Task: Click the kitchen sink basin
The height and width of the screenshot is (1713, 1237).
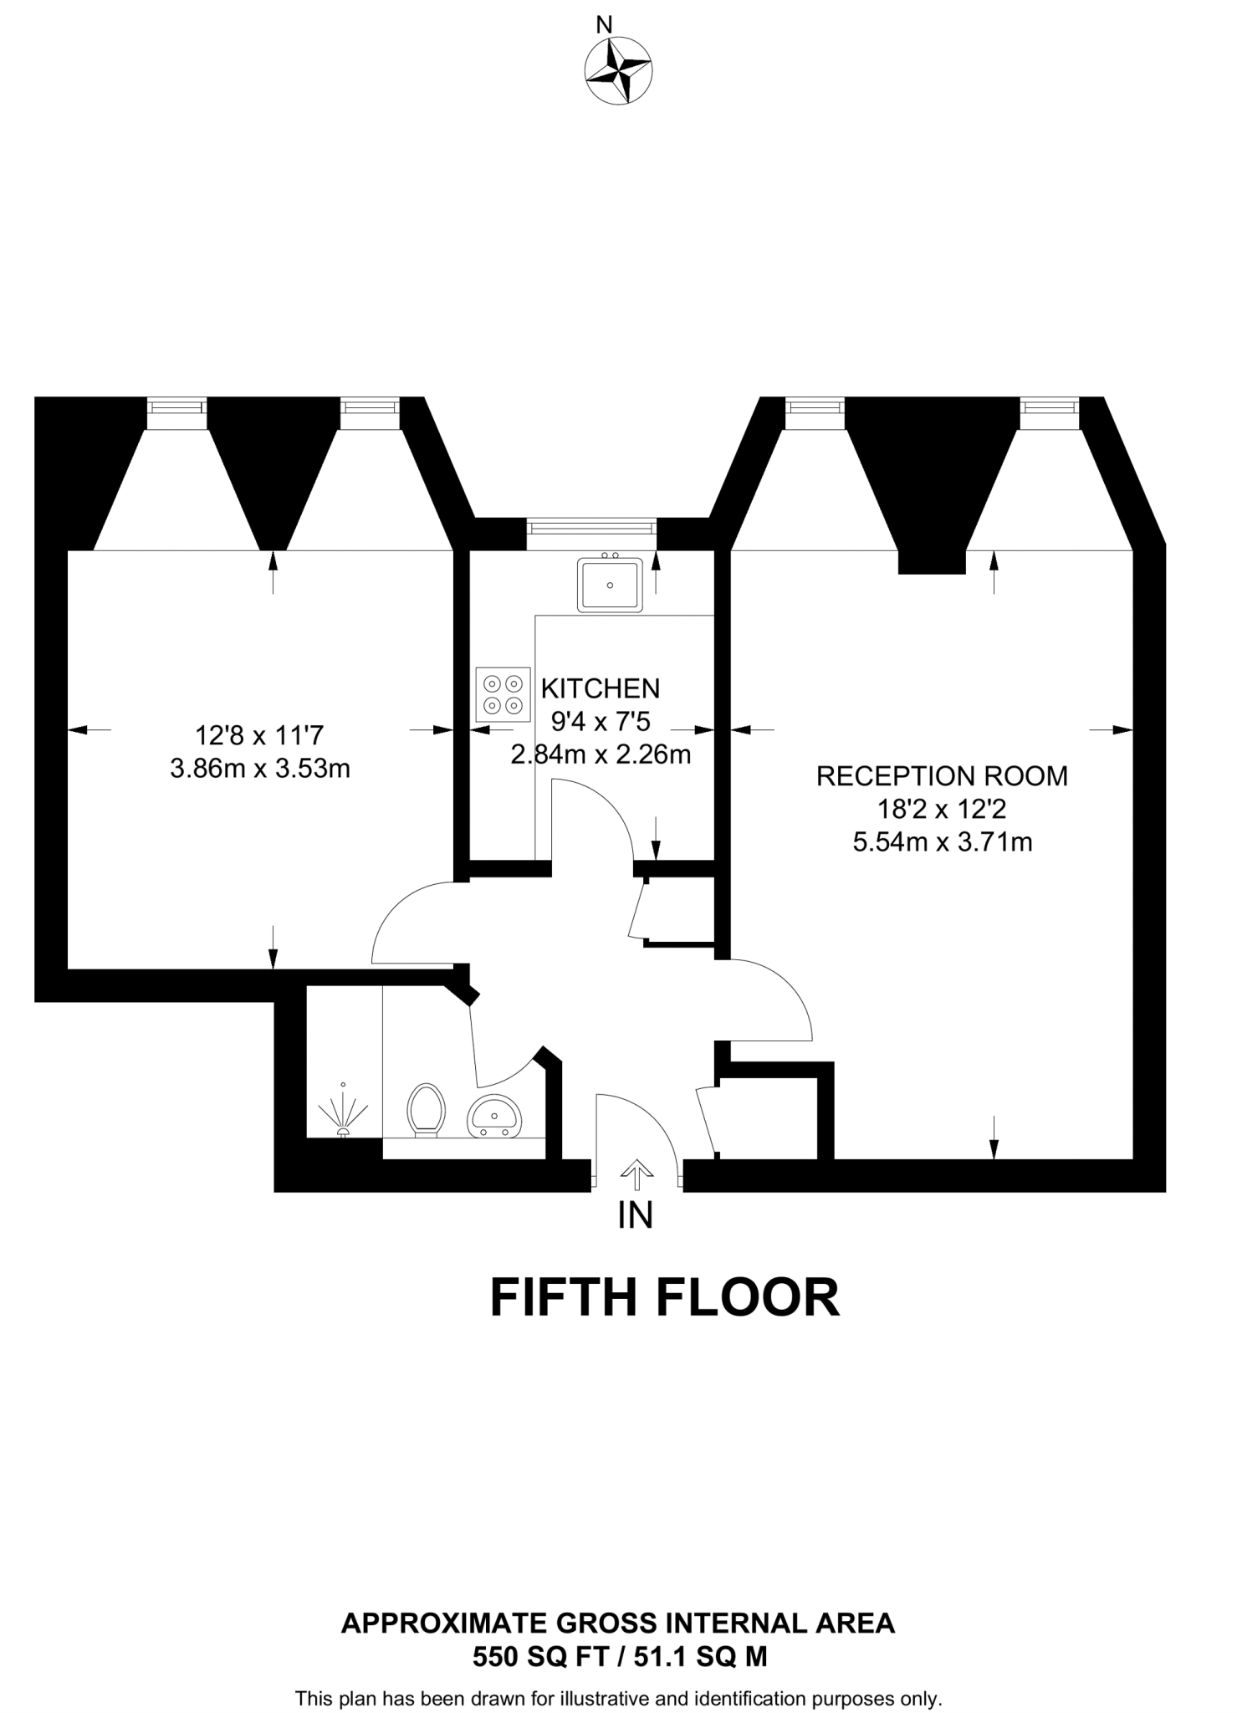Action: coord(610,585)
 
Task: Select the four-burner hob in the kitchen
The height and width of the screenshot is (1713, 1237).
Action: coord(503,694)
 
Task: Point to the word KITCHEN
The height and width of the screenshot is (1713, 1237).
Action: coord(601,688)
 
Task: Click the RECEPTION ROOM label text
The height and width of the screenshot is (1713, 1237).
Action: coord(942,776)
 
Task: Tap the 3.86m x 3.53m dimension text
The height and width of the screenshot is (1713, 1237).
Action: coord(260,768)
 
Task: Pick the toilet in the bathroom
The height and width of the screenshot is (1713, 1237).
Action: coord(425,1110)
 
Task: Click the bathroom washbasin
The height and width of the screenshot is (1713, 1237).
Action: coord(494,1116)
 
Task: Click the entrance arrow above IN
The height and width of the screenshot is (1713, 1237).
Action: coord(637,1174)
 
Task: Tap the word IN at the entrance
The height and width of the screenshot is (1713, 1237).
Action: coord(636,1216)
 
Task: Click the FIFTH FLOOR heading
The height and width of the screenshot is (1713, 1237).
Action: coord(664,1297)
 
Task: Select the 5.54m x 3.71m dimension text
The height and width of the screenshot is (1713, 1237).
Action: coord(942,841)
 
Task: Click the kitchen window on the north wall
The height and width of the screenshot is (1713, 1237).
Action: coord(591,527)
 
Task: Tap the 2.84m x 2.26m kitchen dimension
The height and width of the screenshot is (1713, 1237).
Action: coord(601,754)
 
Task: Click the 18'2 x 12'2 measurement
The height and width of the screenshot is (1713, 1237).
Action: coord(942,810)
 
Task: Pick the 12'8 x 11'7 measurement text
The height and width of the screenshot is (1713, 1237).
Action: coord(259,736)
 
